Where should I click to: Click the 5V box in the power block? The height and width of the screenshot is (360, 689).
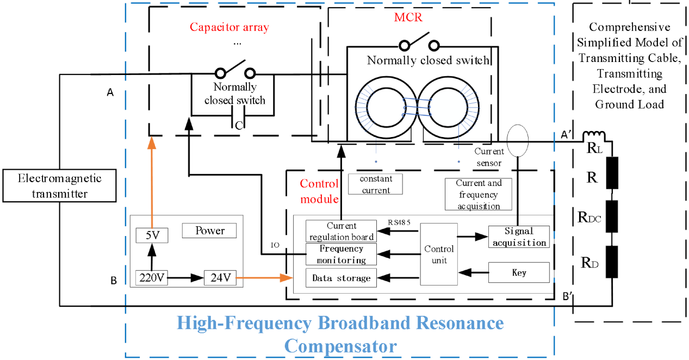[152, 235]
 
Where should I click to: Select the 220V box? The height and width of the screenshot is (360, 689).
[151, 278]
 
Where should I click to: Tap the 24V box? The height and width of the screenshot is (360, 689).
[220, 278]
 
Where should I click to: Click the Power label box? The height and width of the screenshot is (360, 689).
[209, 231]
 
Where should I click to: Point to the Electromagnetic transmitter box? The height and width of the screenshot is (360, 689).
[59, 186]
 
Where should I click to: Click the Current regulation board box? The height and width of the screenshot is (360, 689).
[341, 231]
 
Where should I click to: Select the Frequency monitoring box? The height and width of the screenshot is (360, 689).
[341, 255]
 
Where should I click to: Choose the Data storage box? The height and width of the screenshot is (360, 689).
[341, 278]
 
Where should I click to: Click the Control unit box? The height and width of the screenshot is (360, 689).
[439, 254]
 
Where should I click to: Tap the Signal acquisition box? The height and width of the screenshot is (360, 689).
[519, 237]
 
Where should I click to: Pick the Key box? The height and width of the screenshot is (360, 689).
[519, 272]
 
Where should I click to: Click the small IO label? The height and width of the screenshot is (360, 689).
[275, 245]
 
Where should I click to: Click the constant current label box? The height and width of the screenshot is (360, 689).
[376, 184]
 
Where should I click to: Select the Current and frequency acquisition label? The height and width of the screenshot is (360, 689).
[479, 194]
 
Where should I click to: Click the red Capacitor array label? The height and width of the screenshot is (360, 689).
[229, 27]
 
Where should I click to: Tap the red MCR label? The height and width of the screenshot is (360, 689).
[408, 17]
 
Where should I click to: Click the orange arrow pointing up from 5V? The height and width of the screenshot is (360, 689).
[152, 179]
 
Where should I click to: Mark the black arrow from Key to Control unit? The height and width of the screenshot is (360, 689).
[473, 271]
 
